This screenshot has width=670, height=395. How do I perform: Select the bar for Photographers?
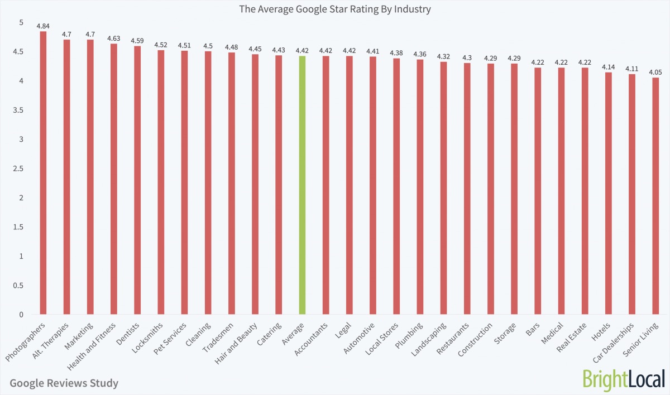tap(43, 173)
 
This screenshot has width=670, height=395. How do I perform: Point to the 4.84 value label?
tap(43, 26)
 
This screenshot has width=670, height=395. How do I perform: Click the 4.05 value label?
tap(655, 72)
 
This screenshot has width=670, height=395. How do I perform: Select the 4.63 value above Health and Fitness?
tap(114, 38)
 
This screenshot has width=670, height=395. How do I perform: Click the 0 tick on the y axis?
tap(21, 315)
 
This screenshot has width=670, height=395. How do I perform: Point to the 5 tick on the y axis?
tap(21, 22)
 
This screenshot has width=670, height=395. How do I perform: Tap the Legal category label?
tap(342, 330)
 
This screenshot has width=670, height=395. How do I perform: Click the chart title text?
tap(335, 9)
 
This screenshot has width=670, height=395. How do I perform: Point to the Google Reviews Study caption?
tap(64, 383)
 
